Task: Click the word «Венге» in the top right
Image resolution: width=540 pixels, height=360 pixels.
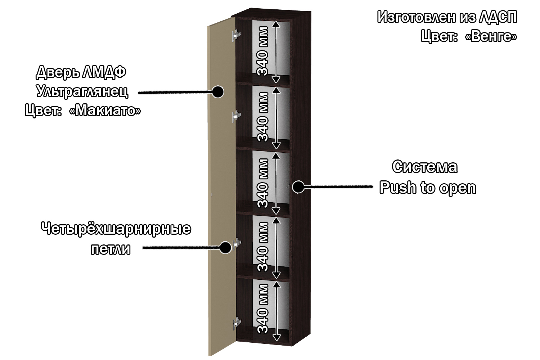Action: pos(492,36)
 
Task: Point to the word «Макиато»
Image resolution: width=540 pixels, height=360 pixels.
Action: pos(105,111)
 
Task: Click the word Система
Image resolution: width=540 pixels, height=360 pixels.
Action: pos(425,167)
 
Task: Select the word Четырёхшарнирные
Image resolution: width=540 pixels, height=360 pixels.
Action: pos(116,229)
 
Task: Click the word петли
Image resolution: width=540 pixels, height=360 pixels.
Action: pos(111,249)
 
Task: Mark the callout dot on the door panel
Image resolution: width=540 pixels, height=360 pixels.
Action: pos(218,92)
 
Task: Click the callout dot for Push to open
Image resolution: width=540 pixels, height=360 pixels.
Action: pos(297,187)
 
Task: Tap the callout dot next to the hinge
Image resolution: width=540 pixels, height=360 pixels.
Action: pos(225,247)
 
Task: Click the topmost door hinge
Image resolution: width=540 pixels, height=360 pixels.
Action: pos(236,35)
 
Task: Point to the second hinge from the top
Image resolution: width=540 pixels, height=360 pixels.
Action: pos(236,116)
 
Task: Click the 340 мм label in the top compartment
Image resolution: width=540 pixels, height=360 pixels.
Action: pos(263,51)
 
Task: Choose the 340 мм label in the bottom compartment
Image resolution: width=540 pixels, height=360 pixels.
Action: pos(263,309)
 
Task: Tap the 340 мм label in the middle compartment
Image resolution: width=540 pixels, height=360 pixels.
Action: pos(263,183)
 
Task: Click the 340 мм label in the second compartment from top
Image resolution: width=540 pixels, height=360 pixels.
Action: pos(263,117)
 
